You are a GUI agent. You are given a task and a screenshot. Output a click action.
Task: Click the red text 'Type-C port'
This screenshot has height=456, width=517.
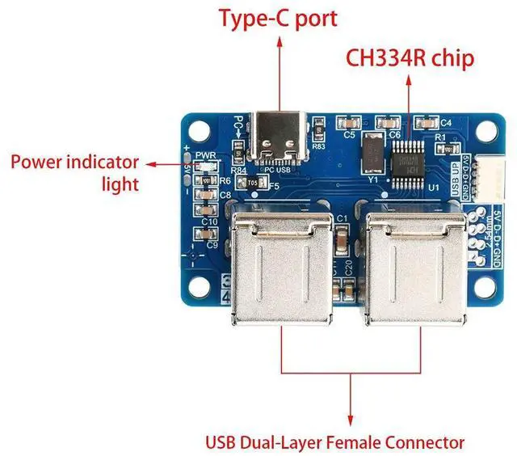[279, 17]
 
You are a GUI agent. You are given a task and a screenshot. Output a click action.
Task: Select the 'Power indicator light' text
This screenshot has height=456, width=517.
[74, 172]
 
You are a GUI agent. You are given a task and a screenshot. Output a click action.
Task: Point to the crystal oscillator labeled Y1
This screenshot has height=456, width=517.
[372, 154]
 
